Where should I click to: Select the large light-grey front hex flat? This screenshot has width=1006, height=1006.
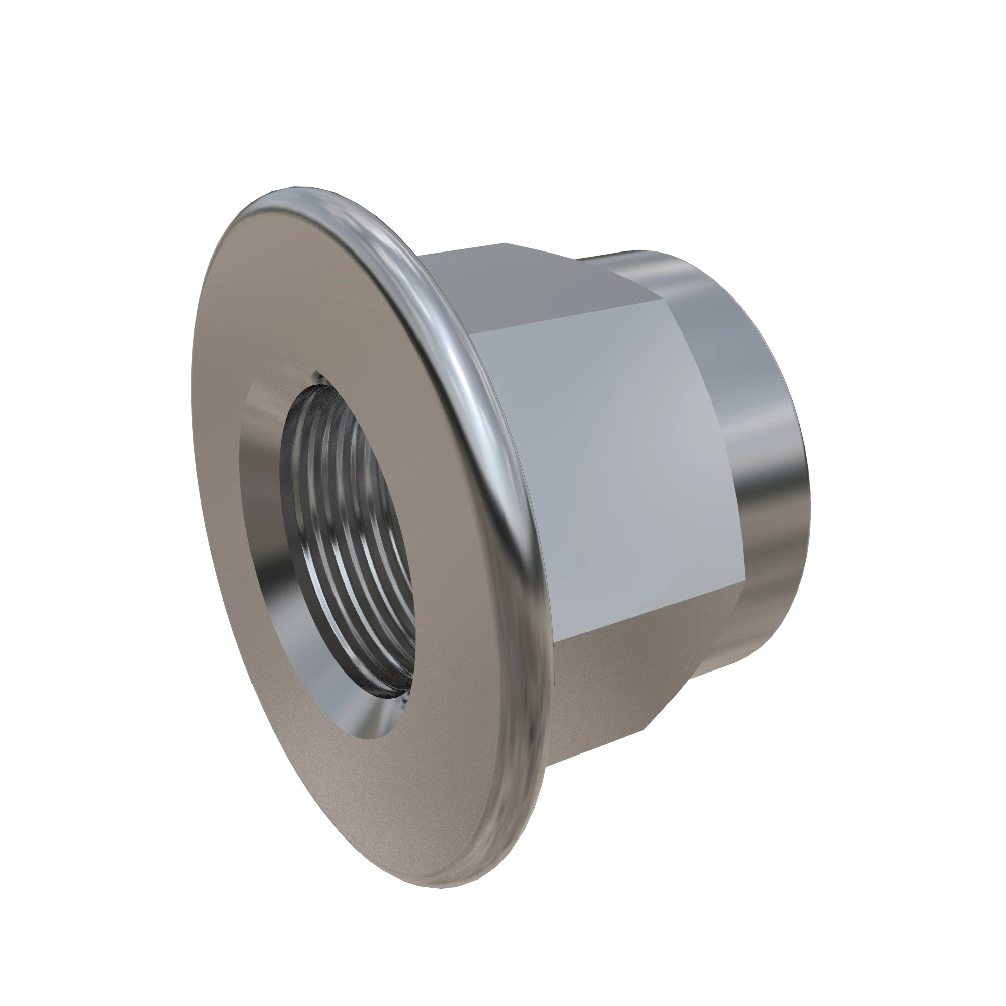599,458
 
